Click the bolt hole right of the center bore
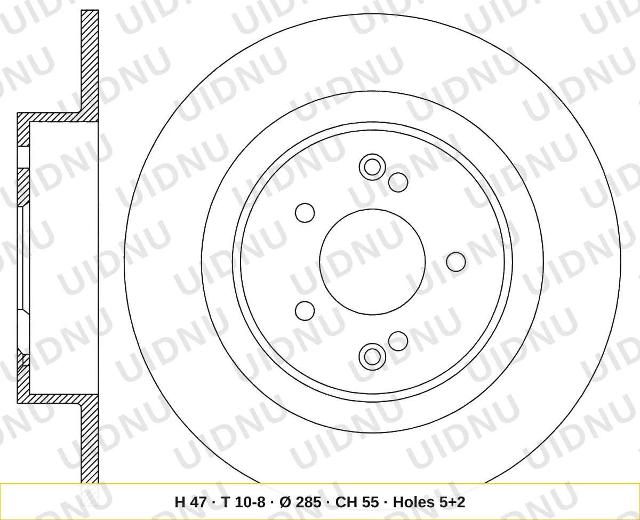pyautogui.click(x=456, y=262)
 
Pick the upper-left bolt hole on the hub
pyautogui.click(x=305, y=213)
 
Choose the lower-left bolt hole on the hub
pyautogui.click(x=305, y=311)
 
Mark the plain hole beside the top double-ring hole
pyautogui.click(x=398, y=182)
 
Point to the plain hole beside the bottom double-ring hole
pyautogui.click(x=398, y=341)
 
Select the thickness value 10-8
pyautogui.click(x=243, y=502)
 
